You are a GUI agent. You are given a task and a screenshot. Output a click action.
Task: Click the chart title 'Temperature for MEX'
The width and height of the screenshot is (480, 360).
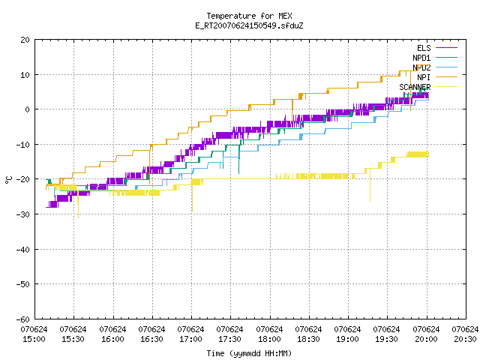click(249, 16)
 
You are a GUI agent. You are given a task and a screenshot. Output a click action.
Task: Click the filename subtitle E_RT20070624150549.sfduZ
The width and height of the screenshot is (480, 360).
click(249, 25)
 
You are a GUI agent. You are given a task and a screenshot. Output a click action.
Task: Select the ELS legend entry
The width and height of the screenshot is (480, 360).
click(424, 48)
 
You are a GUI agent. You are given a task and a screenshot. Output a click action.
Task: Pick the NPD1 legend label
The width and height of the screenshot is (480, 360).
click(421, 58)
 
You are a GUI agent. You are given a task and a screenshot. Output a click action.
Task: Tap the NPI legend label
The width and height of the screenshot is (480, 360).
click(424, 77)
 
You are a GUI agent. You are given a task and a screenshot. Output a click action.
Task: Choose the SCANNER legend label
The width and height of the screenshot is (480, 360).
click(415, 87)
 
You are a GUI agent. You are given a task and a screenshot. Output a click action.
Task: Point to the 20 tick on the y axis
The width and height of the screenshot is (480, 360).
click(25, 40)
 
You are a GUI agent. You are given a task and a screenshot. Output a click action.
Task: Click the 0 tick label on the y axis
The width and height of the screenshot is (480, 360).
click(28, 109)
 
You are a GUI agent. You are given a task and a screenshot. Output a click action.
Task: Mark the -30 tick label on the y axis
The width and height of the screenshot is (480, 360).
click(23, 214)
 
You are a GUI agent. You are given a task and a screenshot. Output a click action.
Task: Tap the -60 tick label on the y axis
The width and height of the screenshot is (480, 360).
click(23, 319)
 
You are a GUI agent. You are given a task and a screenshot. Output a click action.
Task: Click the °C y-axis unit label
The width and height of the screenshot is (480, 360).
click(8, 180)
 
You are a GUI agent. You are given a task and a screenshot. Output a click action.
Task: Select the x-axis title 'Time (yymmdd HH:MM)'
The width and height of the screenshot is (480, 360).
click(249, 353)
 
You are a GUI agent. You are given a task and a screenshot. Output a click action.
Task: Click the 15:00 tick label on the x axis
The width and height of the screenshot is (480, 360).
click(34, 334)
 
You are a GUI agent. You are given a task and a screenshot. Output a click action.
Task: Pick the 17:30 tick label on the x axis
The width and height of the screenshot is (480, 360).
click(229, 334)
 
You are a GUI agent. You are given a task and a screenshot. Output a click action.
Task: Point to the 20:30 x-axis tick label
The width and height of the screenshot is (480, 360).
click(465, 334)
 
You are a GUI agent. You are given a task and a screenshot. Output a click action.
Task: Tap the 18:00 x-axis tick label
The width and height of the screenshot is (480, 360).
click(269, 334)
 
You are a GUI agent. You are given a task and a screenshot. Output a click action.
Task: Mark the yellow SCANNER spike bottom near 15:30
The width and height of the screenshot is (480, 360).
click(78, 217)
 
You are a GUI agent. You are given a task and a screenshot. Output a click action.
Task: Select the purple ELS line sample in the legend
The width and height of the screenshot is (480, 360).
click(447, 48)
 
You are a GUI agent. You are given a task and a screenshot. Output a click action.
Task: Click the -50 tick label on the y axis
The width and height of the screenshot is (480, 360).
click(23, 284)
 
